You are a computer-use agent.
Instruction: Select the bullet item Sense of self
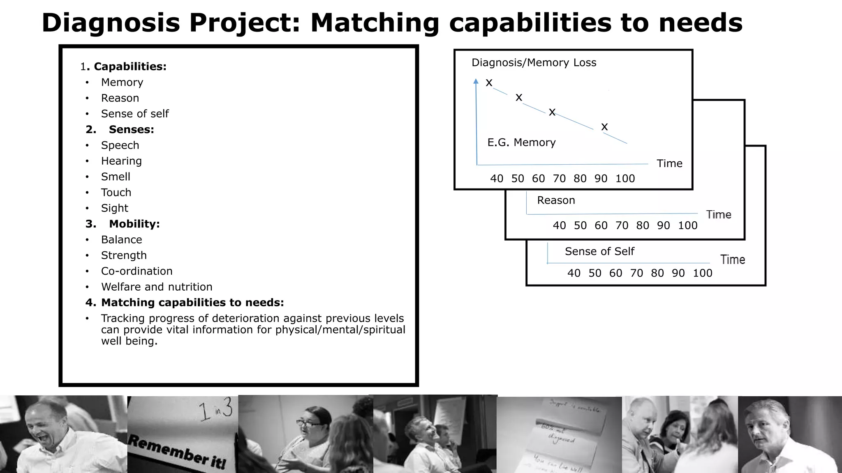[135, 114]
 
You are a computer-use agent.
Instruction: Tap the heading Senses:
[131, 129]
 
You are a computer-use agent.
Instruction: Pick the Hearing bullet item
[121, 161]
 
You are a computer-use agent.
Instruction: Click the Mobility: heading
[134, 224]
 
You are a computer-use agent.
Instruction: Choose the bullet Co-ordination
[136, 271]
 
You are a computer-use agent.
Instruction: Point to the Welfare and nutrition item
[157, 287]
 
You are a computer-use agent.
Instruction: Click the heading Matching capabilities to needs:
[192, 303]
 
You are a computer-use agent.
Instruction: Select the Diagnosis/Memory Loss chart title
[534, 63]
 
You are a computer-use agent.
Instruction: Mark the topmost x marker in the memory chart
[489, 83]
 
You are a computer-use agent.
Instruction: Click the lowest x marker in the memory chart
[604, 127]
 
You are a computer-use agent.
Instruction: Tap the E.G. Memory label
[521, 142]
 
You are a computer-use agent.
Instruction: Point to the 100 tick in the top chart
[625, 179]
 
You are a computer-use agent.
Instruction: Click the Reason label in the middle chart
[556, 200]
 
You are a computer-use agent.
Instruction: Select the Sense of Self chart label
[599, 251]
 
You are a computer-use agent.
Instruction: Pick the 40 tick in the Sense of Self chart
[574, 273]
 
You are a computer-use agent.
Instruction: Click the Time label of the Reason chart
[719, 215]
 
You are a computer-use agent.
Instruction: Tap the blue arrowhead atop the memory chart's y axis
[476, 81]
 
